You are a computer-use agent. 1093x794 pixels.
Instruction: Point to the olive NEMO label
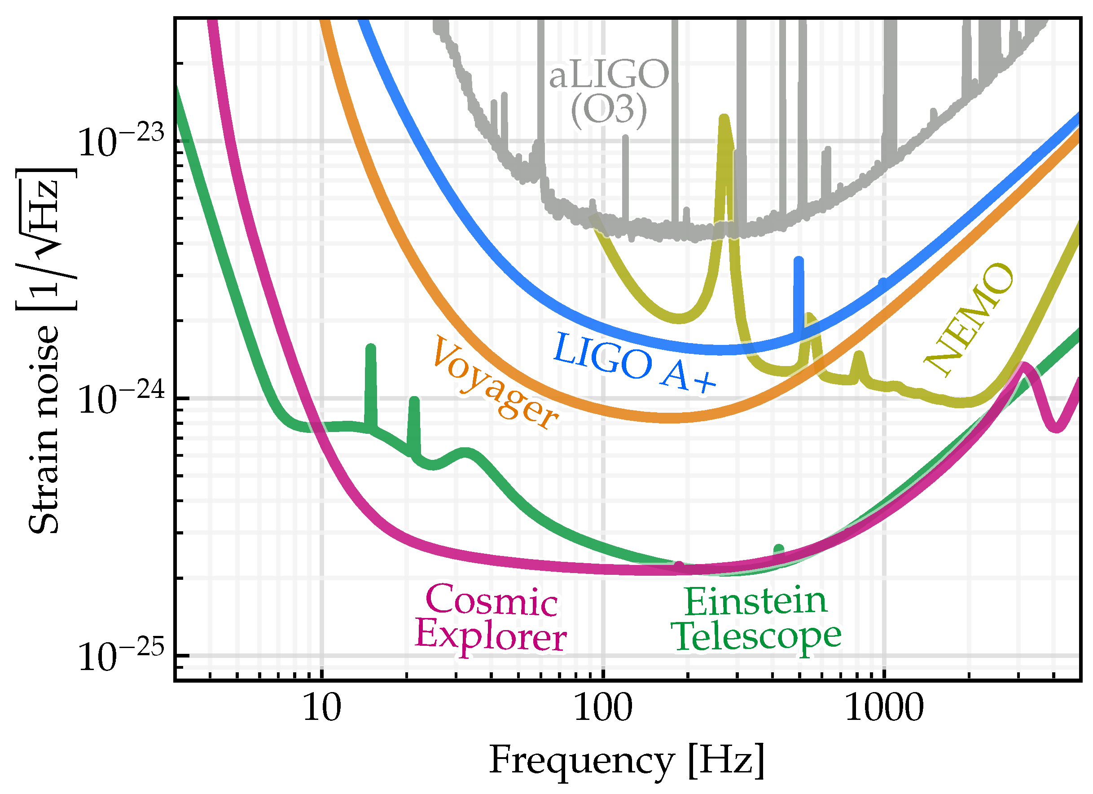point(970,319)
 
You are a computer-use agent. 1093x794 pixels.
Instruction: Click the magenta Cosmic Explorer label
point(491,618)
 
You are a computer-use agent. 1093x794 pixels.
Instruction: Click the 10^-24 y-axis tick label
point(120,399)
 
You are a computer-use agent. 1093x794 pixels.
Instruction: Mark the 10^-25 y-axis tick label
point(120,656)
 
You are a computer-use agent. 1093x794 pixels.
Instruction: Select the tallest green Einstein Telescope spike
point(371,348)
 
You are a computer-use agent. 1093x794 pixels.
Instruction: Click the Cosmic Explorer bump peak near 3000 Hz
point(1023,366)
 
